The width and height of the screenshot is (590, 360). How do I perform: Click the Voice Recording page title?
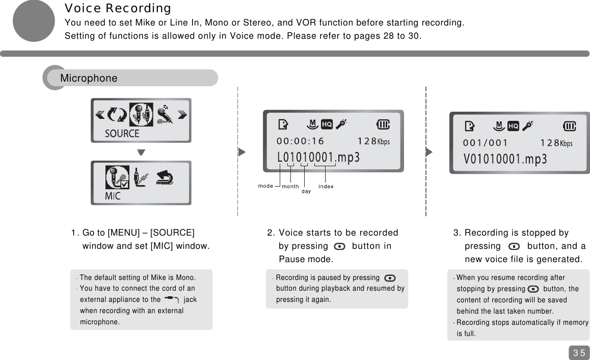[117, 9]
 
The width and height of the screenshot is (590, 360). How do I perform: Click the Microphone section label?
[89, 79]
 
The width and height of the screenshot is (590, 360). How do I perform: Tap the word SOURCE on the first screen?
[122, 134]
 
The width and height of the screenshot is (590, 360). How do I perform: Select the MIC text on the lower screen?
[113, 196]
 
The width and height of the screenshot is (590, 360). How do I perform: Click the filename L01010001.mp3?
[318, 158]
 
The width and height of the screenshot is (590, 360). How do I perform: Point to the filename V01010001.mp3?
[505, 159]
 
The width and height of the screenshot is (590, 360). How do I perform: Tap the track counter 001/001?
[485, 143]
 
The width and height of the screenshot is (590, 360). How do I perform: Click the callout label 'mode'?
[265, 186]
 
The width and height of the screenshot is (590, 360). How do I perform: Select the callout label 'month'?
[290, 187]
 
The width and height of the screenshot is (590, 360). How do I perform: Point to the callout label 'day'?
[306, 192]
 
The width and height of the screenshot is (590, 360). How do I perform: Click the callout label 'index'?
[326, 187]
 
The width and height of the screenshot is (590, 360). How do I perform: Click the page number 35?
[579, 353]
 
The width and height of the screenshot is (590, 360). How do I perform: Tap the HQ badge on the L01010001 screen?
[327, 124]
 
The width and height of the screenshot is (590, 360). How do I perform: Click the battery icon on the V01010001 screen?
[569, 126]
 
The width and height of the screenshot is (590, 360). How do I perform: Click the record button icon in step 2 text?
[339, 247]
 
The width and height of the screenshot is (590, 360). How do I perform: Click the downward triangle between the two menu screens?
[141, 152]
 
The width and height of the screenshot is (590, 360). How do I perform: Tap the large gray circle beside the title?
[34, 21]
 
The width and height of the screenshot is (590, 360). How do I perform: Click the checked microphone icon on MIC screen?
[116, 177]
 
